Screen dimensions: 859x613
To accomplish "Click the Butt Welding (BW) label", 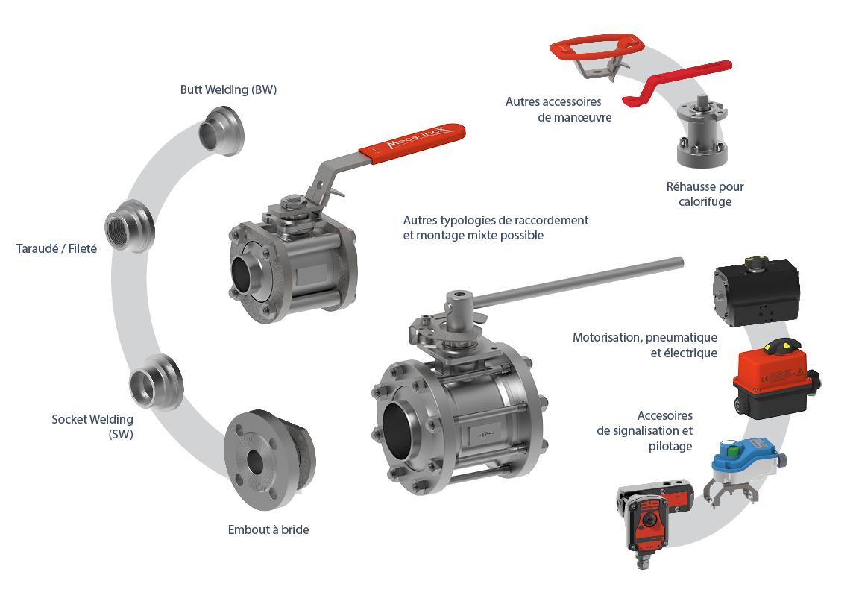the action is coord(228,89).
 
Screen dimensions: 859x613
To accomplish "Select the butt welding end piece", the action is coord(221,131).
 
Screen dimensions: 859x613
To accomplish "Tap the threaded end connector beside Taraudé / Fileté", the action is coord(130,226).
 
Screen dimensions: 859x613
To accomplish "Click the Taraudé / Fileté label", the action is coord(57,249).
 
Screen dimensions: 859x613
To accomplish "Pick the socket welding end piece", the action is coord(156,382).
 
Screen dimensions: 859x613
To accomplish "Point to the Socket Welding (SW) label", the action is coord(92,427).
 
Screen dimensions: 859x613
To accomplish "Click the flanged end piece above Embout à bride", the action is coord(269,459).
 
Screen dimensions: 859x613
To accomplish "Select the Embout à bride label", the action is coord(268,529).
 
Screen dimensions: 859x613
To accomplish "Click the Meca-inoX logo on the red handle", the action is coord(420,137).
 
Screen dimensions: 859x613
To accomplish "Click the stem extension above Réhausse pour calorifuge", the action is coord(702,131).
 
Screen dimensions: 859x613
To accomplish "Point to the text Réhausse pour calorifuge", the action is coord(705,194).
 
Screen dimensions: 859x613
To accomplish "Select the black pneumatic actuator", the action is coord(756,291).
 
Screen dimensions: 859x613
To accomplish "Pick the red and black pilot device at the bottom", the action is coord(655,517).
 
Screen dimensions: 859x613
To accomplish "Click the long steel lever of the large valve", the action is coord(578,282).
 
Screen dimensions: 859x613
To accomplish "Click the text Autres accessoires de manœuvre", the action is coord(558,110).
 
